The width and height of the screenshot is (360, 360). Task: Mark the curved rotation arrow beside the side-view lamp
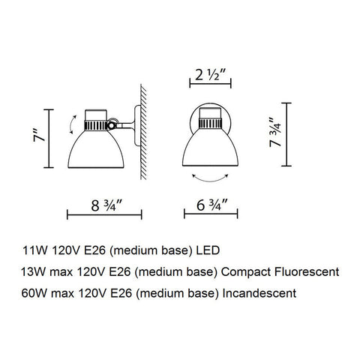pos(69,122)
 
